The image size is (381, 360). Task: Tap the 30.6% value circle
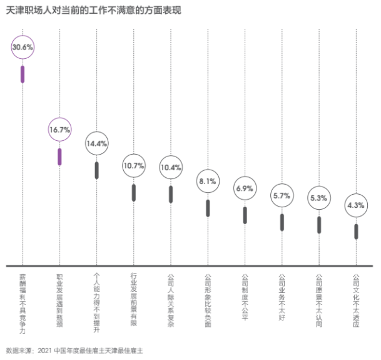coord(23,48)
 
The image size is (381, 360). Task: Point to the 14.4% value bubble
coord(96,143)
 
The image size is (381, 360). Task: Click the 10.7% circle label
coord(133,167)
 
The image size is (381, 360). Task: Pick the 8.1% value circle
coord(208,182)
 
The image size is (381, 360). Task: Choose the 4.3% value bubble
coord(356,205)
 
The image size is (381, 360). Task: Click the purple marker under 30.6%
coord(23,74)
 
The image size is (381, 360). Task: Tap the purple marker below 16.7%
coord(59,157)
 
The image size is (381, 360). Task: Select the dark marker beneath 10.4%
coord(170,194)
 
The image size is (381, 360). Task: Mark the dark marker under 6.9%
coord(245,215)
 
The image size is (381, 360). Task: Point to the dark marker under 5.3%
coord(319,225)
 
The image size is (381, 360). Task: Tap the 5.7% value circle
coord(282,196)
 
